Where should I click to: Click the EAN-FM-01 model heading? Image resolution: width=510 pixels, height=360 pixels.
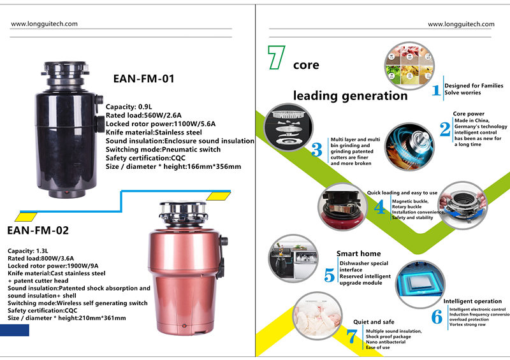[x=143, y=80]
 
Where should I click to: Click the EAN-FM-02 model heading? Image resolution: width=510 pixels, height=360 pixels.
[x=38, y=230]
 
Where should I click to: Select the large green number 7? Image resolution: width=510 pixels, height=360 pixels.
[x=276, y=57]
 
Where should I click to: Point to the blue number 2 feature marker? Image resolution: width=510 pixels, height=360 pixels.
[x=445, y=130]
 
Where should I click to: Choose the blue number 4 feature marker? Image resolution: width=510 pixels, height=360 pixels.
[x=379, y=208]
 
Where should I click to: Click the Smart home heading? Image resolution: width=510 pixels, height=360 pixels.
[x=358, y=254]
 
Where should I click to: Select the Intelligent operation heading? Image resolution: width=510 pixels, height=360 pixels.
[x=472, y=301]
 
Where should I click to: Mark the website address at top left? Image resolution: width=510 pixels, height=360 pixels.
[x=45, y=24]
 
